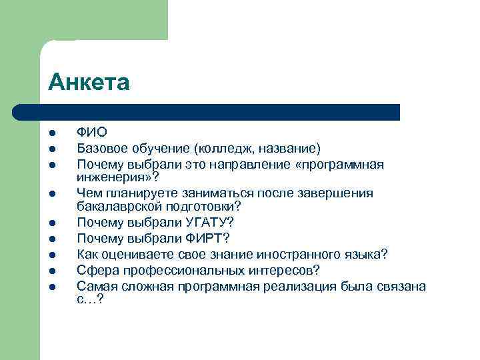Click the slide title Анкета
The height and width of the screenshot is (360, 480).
click(x=89, y=82)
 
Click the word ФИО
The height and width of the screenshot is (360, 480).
click(x=91, y=133)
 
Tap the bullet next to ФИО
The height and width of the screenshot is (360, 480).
click(x=52, y=133)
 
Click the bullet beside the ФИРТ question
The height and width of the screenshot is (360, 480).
click(x=52, y=239)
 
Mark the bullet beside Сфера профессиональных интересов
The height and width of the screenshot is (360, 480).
click(x=52, y=271)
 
